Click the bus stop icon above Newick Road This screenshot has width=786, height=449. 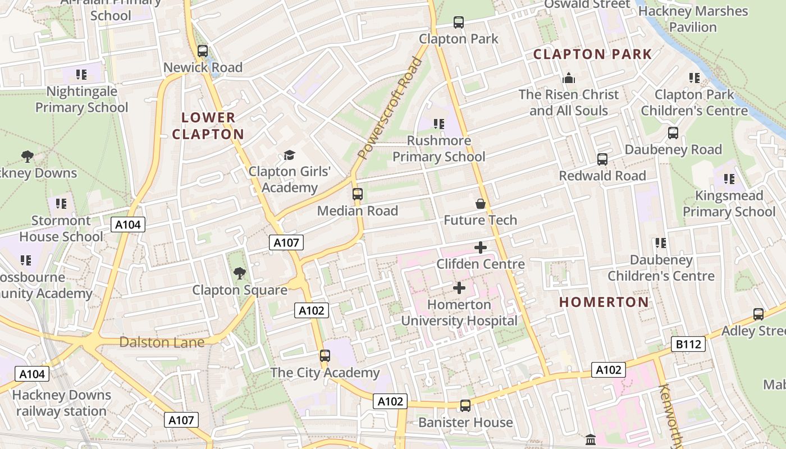pyautogui.click(x=203, y=51)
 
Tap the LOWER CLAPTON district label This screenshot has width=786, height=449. pyautogui.click(x=208, y=126)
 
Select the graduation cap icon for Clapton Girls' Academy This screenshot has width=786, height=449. pyautogui.click(x=289, y=155)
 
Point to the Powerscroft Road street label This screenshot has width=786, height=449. pyautogui.click(x=390, y=108)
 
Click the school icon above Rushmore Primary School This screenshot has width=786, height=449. pyautogui.click(x=438, y=123)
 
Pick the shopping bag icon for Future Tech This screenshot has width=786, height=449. pyautogui.click(x=481, y=203)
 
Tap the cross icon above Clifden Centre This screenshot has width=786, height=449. pyautogui.click(x=481, y=248)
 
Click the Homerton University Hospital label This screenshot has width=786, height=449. pyautogui.click(x=459, y=313)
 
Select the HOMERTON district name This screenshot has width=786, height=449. pyautogui.click(x=604, y=302)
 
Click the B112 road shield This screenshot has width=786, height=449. pyautogui.click(x=688, y=344)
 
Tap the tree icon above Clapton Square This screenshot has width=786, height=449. pyautogui.click(x=240, y=273)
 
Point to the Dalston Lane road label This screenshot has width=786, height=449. pyautogui.click(x=162, y=342)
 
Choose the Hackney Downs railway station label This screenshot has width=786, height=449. pyautogui.click(x=61, y=403)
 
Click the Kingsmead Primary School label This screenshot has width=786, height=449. pyautogui.click(x=729, y=204)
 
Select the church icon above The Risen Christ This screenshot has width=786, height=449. pyautogui.click(x=569, y=78)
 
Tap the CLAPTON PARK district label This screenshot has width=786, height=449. pyautogui.click(x=592, y=54)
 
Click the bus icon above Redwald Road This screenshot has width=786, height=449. pyautogui.click(x=602, y=159)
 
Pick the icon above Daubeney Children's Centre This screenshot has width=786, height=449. pyautogui.click(x=661, y=243)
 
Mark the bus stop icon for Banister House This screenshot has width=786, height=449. pyautogui.click(x=465, y=406)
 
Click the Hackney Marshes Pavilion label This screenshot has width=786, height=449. pyautogui.click(x=693, y=19)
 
